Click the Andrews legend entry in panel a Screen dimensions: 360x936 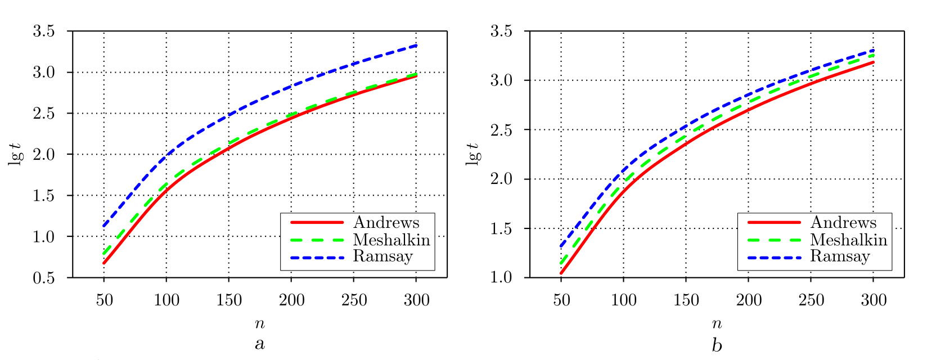click(x=386, y=223)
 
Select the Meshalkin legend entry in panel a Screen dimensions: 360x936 click(x=391, y=240)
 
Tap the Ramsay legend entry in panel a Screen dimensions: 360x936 click(x=382, y=257)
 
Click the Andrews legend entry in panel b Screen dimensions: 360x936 click(x=843, y=223)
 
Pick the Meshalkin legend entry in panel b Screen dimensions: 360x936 click(x=849, y=240)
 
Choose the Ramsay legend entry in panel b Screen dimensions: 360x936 click(x=840, y=257)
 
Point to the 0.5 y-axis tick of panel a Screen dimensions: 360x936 click(x=44, y=278)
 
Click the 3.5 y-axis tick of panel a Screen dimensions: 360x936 click(x=44, y=31)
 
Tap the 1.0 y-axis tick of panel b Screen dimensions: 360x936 click(x=501, y=278)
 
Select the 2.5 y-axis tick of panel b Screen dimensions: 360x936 click(x=501, y=130)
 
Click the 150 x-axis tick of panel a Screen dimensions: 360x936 click(x=229, y=300)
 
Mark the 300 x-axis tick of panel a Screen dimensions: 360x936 click(x=416, y=300)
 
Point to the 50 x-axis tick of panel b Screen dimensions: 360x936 click(x=561, y=300)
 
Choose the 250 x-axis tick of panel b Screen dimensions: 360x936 click(x=811, y=300)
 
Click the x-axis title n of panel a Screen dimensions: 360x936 click(x=259, y=323)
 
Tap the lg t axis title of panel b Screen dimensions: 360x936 click(x=474, y=154)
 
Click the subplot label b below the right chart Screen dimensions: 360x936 click(x=717, y=344)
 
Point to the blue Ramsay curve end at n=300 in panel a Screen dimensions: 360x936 click(x=416, y=45)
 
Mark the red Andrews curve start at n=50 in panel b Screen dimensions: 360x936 click(x=561, y=273)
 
